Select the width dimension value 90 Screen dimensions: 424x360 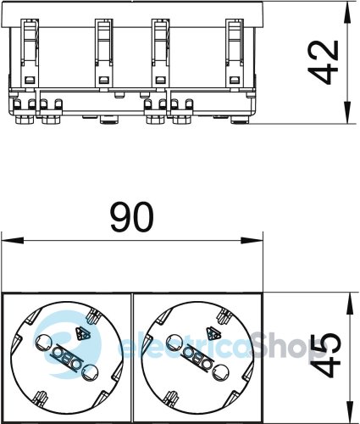click(x=132, y=220)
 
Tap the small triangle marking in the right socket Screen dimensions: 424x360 click(x=216, y=333)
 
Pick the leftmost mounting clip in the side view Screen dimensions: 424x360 click(x=29, y=51)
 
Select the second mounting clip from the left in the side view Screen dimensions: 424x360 click(x=103, y=51)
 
